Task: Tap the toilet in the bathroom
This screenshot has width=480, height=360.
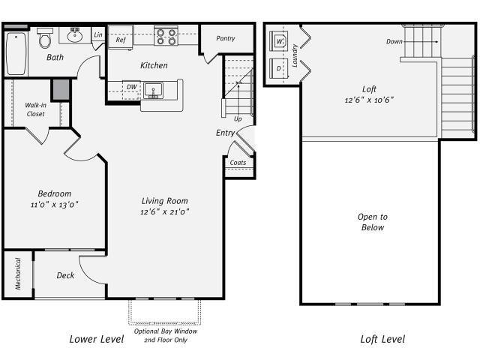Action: point(45,38)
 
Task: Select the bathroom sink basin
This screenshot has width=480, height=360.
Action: point(75,34)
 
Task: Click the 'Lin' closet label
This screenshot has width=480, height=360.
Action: point(98,35)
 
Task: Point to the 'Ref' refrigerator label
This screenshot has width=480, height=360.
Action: point(121,40)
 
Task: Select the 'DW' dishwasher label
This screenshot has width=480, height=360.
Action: point(131,87)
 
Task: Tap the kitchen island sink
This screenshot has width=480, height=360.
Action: point(156,89)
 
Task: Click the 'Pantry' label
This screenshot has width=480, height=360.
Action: point(226,38)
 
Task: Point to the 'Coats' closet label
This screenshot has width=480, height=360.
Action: point(238,162)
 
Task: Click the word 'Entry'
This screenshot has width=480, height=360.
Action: point(225,133)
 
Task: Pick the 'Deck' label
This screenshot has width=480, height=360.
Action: point(65,275)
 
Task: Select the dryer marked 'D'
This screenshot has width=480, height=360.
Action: point(280,69)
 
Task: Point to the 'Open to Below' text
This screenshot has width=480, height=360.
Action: point(371,222)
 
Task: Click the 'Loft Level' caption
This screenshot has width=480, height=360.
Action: point(382,339)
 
